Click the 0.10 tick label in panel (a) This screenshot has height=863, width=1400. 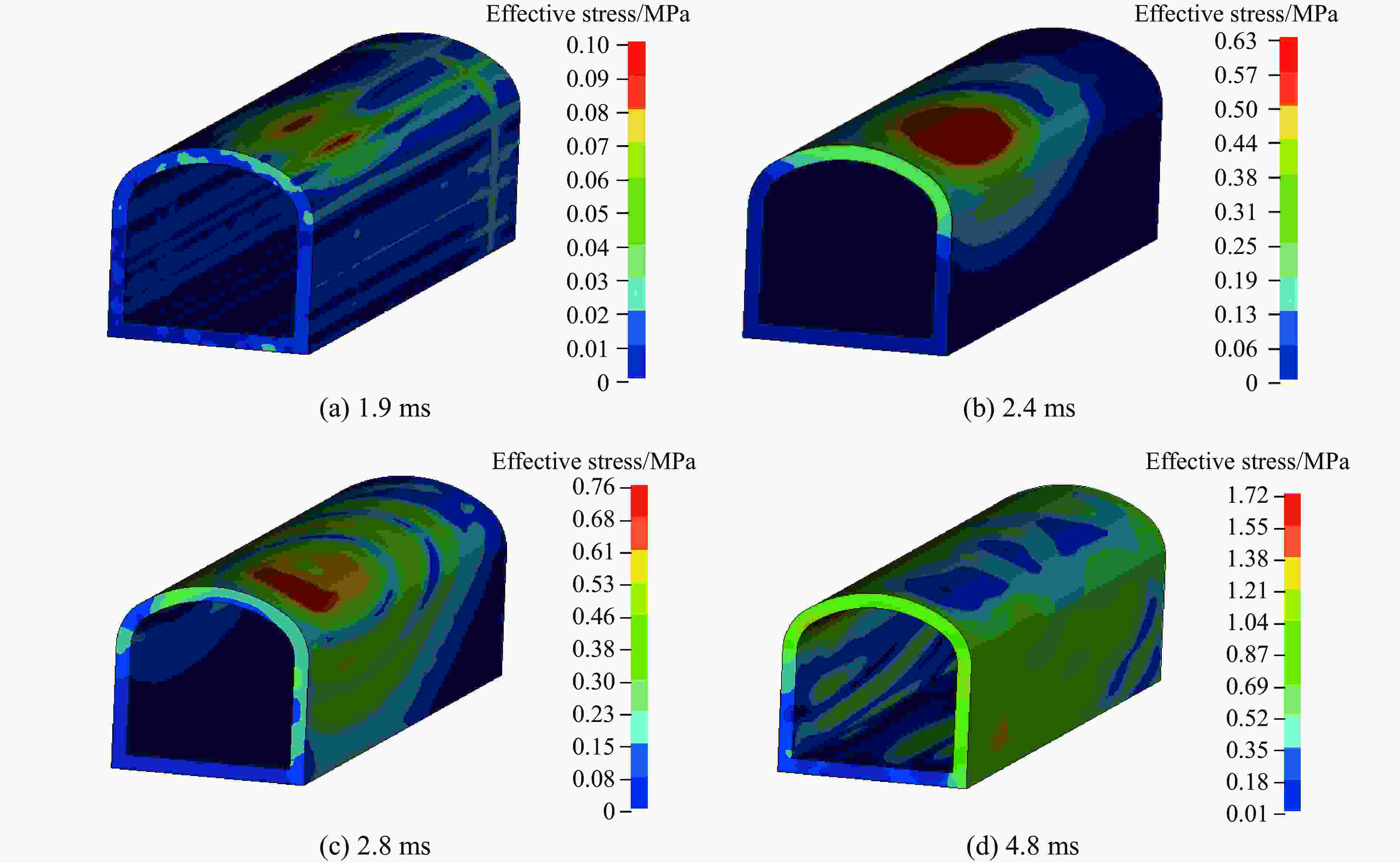(587, 45)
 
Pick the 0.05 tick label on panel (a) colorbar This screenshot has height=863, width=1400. (587, 214)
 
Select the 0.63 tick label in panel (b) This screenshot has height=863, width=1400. (1236, 41)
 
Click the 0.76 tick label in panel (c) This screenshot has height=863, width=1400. (593, 487)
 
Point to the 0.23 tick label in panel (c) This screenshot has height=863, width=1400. (593, 714)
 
